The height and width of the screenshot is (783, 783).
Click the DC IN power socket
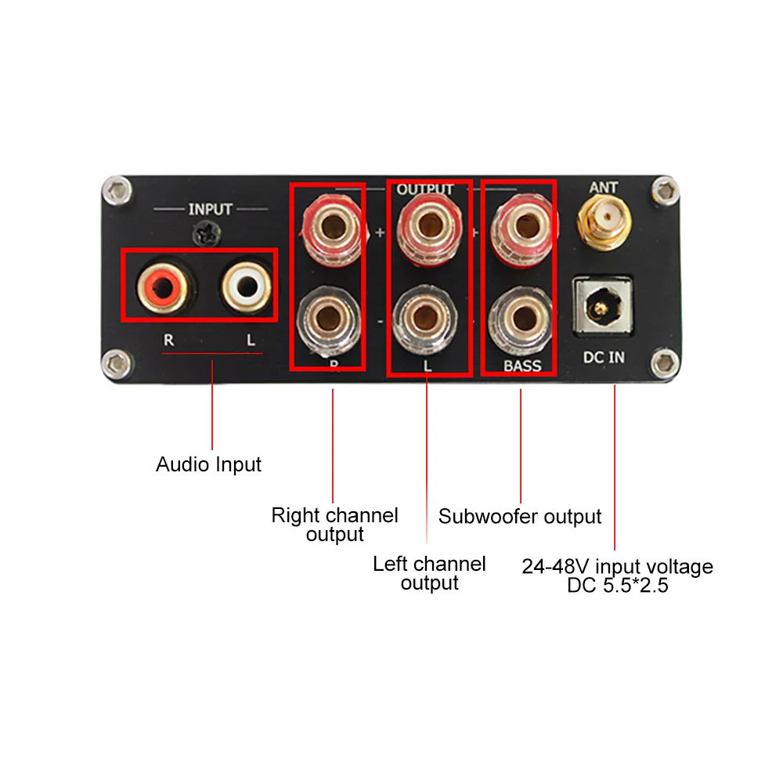(x=602, y=307)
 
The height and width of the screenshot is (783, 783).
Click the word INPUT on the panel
(x=210, y=209)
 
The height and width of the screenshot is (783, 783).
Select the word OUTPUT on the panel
(x=425, y=189)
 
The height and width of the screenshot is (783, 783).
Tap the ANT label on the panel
(x=603, y=187)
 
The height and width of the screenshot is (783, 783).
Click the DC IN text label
(x=604, y=358)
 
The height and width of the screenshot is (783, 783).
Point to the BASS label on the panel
(x=522, y=366)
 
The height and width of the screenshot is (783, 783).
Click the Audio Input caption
(x=208, y=464)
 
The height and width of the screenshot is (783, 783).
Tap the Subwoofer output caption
(x=520, y=517)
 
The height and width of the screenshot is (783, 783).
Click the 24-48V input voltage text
(x=618, y=566)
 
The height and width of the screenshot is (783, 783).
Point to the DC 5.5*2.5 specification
(x=618, y=585)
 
